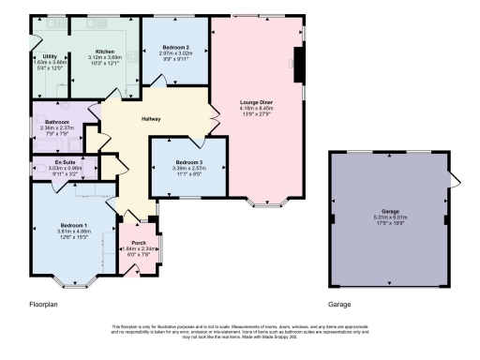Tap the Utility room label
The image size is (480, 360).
(x=50, y=56)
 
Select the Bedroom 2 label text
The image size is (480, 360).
(x=175, y=47)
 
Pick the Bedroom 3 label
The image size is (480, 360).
(x=188, y=163)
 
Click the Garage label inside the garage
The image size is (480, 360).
(x=390, y=212)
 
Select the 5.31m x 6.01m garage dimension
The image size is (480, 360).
(x=390, y=218)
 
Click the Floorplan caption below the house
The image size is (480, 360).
(x=45, y=305)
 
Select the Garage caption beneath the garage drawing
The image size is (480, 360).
(x=339, y=305)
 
